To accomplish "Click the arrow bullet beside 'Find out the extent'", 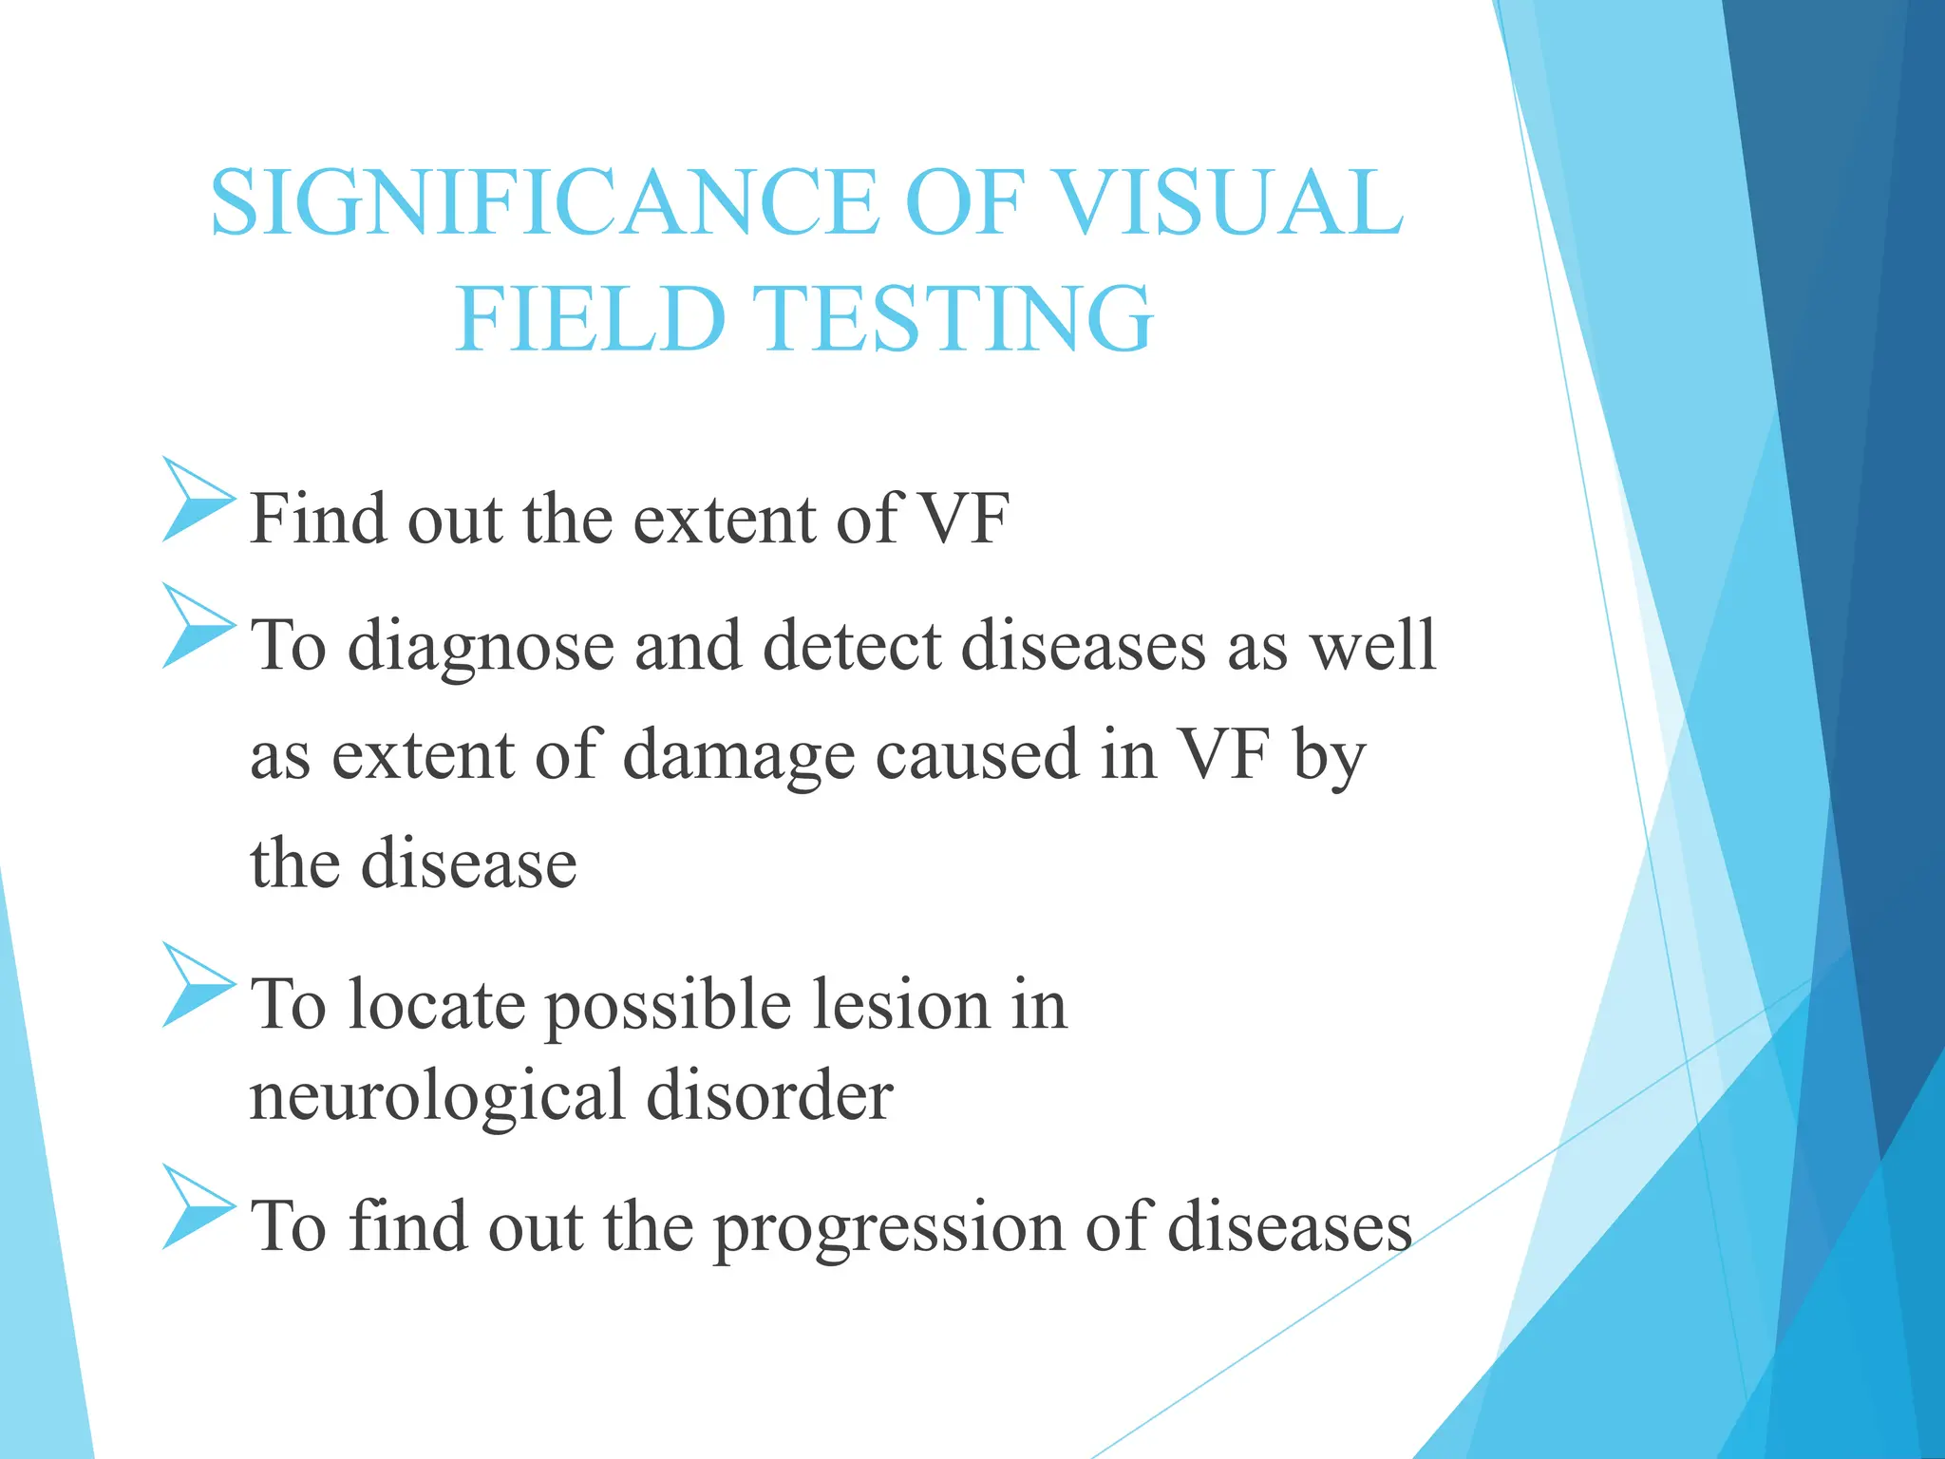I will (197, 500).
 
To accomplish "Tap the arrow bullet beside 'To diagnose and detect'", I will (197, 626).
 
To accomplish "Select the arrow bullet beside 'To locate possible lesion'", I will (197, 985).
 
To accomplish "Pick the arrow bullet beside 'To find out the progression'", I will (197, 1207).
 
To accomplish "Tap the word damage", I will (738, 757).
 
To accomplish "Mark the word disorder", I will (769, 1095).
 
